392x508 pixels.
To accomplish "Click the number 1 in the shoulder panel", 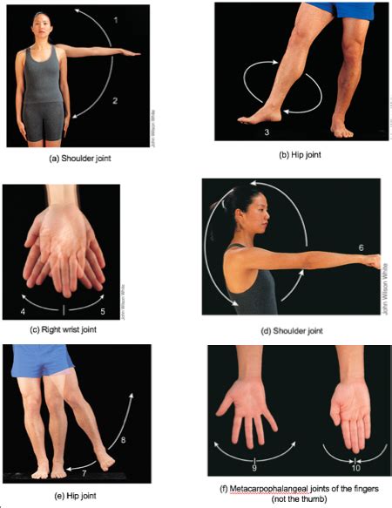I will pos(117,18).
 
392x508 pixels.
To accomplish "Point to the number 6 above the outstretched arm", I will pos(361,247).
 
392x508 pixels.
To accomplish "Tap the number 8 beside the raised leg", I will pos(123,441).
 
